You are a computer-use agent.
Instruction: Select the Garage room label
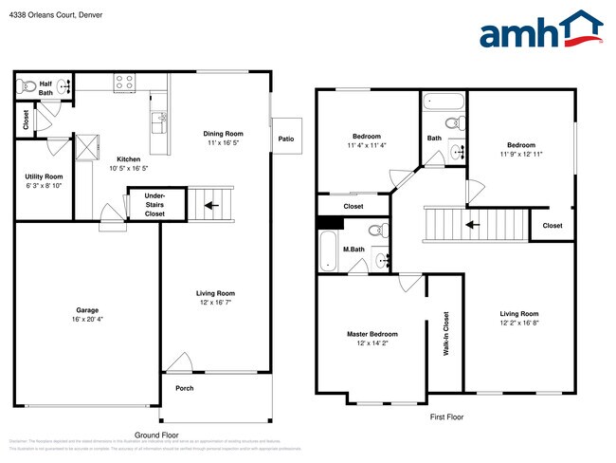pyautogui.click(x=87, y=310)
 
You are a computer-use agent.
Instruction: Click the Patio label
pyautogui.click(x=285, y=139)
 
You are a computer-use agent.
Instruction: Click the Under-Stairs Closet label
pyautogui.click(x=154, y=205)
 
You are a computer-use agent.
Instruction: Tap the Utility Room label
pyautogui.click(x=44, y=176)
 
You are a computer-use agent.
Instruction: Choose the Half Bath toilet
pyautogui.click(x=28, y=87)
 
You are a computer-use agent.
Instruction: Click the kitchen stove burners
pyautogui.click(x=124, y=83)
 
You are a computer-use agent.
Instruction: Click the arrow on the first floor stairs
pyautogui.click(x=471, y=226)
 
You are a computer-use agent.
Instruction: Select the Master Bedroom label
pyautogui.click(x=371, y=334)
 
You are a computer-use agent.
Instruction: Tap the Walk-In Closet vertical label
pyautogui.click(x=445, y=333)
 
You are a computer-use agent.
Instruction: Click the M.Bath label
pyautogui.click(x=353, y=250)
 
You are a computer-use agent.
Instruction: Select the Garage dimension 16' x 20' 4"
pyautogui.click(x=87, y=320)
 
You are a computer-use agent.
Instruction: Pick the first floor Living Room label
pyautogui.click(x=518, y=314)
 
